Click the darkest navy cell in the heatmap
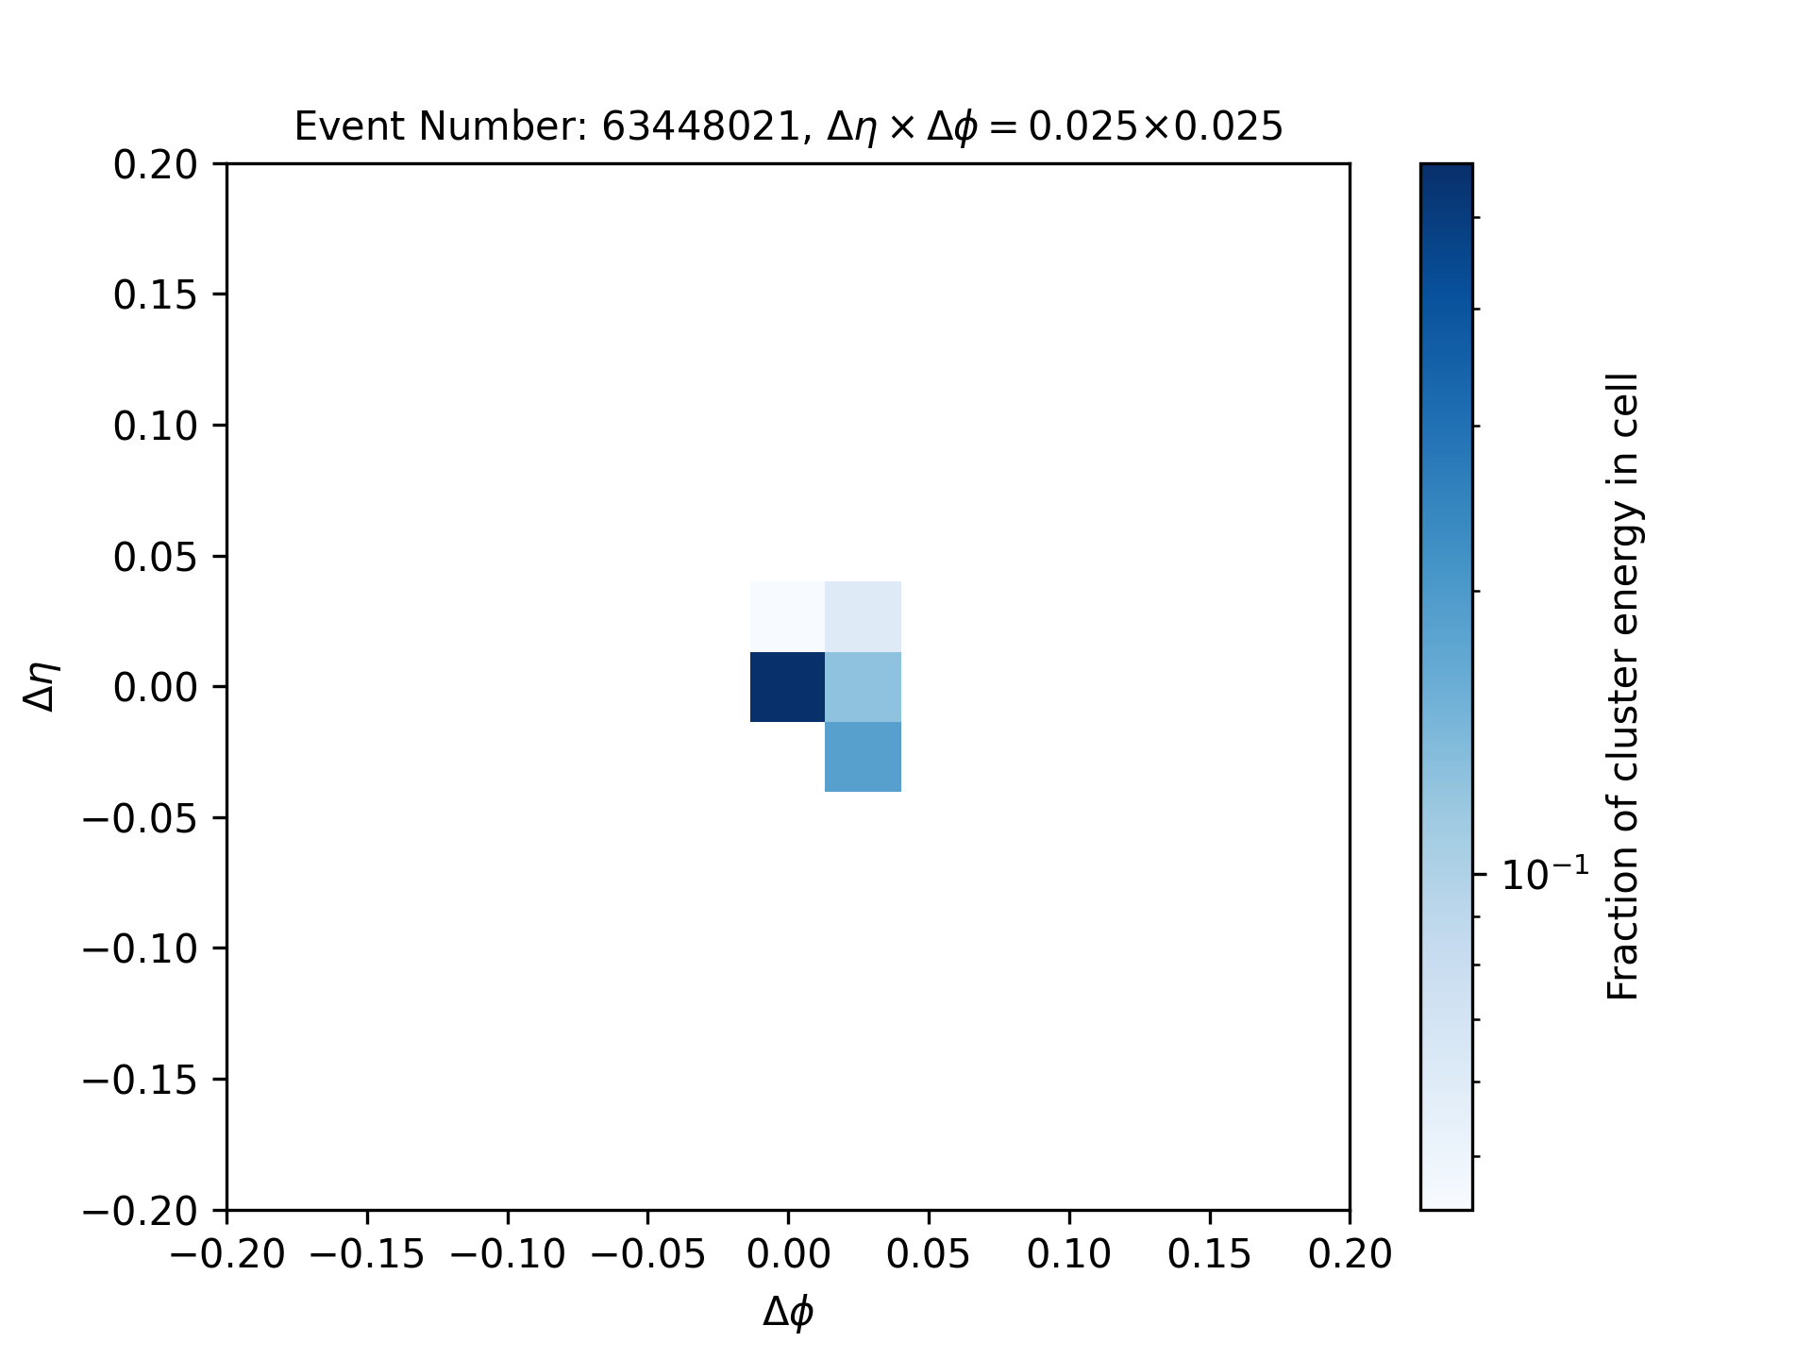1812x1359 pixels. [x=788, y=687]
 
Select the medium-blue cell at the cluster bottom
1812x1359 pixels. [x=864, y=757]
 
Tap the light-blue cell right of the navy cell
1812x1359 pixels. [x=864, y=687]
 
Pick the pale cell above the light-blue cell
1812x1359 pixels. [x=864, y=617]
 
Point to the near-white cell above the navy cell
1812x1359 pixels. [x=788, y=617]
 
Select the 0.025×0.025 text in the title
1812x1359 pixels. [x=1156, y=126]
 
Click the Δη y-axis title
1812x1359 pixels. [x=42, y=687]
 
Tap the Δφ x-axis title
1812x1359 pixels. [x=788, y=1313]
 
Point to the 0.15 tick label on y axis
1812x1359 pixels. [x=156, y=295]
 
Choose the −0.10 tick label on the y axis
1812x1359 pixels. [x=141, y=948]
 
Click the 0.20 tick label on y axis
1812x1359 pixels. [x=156, y=165]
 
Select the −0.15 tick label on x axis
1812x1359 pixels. [x=367, y=1255]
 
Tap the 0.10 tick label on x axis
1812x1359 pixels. [x=1069, y=1255]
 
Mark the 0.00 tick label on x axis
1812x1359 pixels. [x=788, y=1255]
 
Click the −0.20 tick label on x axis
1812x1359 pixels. [x=226, y=1255]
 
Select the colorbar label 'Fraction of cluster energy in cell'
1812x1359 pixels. [x=1622, y=687]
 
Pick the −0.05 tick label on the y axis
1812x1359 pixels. [x=141, y=817]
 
